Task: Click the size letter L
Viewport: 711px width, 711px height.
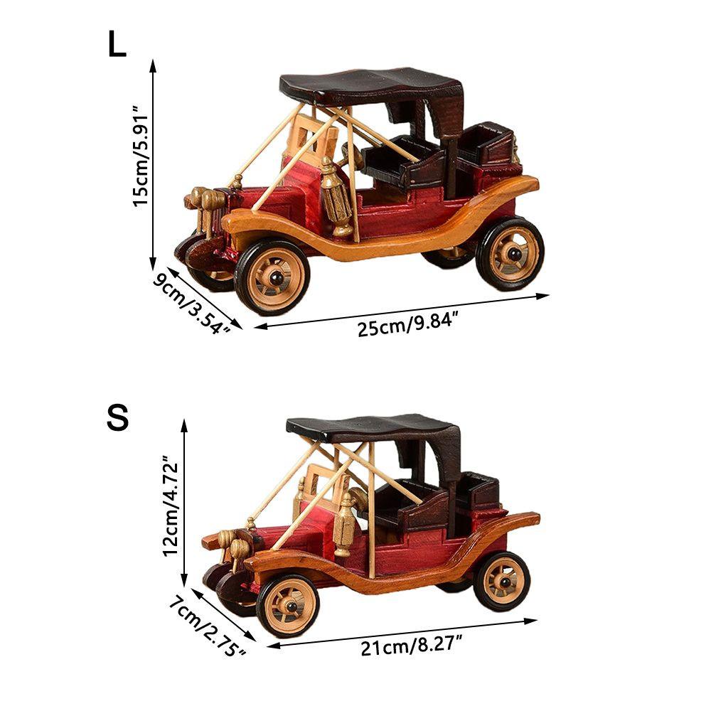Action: [117, 45]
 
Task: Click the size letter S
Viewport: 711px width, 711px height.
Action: [118, 418]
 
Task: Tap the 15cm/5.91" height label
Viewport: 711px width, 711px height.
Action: [141, 156]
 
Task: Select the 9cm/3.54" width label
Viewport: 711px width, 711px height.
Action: [192, 304]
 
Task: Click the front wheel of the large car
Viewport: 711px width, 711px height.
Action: [272, 277]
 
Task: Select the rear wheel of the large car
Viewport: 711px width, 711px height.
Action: [510, 253]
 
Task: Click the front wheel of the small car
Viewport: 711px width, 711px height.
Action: [288, 605]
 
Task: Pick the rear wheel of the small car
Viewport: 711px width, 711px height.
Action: [502, 580]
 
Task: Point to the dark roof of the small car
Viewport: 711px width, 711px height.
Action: [373, 429]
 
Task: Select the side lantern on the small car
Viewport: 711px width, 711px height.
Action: [345, 525]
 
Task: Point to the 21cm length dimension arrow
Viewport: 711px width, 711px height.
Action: [402, 634]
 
